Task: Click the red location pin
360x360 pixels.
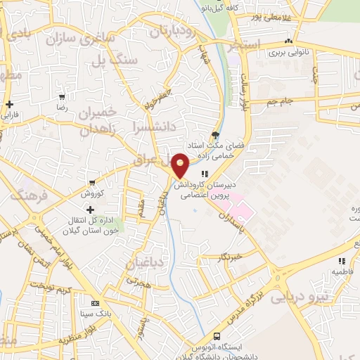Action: pyautogui.click(x=181, y=165)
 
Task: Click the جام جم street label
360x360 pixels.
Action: pyautogui.click(x=281, y=103)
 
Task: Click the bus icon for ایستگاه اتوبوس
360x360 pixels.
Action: pyautogui.click(x=217, y=336)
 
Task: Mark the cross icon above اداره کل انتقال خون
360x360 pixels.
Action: pyautogui.click(x=90, y=210)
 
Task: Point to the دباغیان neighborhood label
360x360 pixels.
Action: pyautogui.click(x=147, y=264)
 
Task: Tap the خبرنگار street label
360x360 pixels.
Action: pyautogui.click(x=231, y=257)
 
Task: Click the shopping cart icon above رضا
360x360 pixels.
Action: pyautogui.click(x=63, y=97)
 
